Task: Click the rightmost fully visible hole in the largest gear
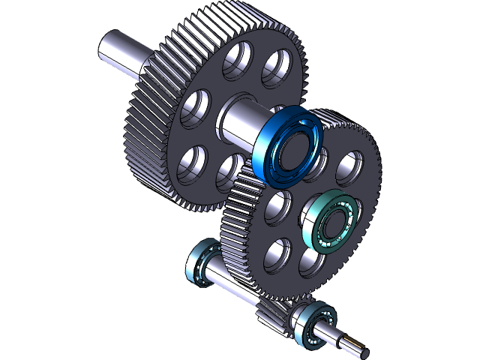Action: (x=276, y=67)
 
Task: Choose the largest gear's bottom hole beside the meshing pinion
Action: (x=229, y=172)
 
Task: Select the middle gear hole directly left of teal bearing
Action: (x=278, y=206)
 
